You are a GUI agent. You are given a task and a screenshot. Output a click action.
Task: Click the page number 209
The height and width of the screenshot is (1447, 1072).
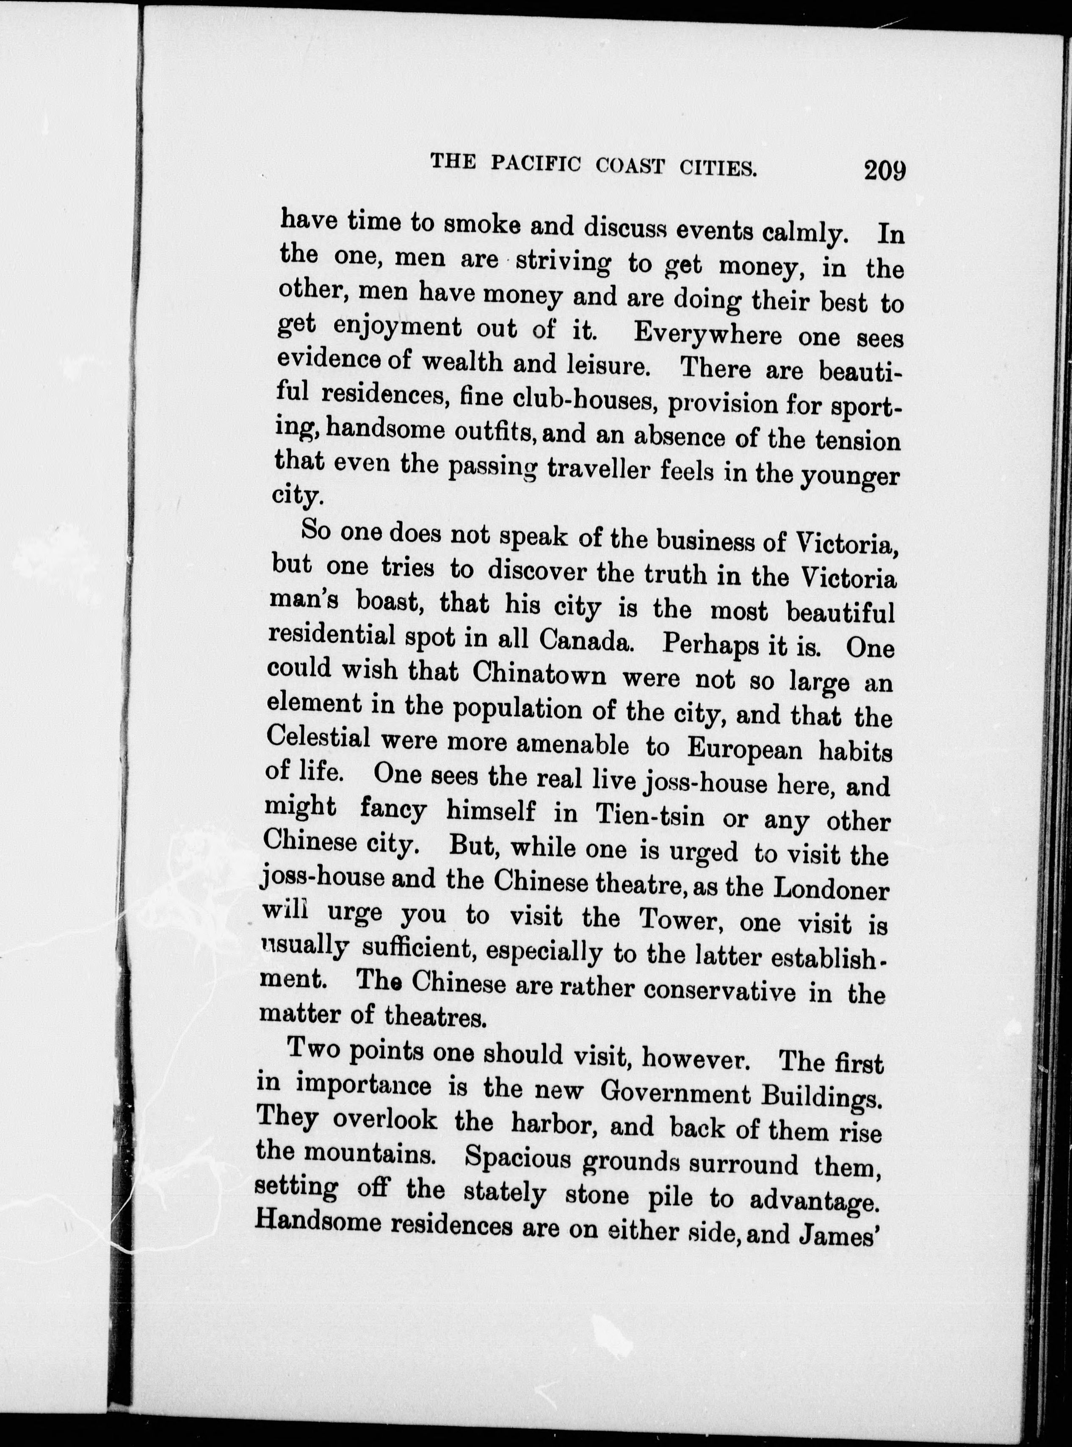(x=884, y=171)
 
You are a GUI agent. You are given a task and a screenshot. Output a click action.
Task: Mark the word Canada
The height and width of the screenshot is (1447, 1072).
(x=586, y=641)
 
